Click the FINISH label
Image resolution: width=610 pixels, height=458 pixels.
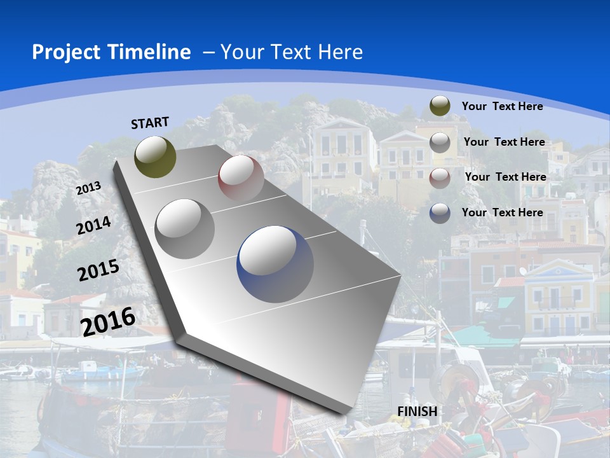[x=417, y=412]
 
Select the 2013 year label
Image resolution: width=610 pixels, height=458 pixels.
[x=88, y=188]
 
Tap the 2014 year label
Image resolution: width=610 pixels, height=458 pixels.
[x=94, y=225]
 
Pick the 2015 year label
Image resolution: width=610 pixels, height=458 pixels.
[x=98, y=270]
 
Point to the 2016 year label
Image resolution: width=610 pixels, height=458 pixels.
[x=108, y=321]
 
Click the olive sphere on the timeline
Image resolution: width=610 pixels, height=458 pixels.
[x=155, y=156]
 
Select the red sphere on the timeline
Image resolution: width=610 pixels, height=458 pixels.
[x=241, y=177]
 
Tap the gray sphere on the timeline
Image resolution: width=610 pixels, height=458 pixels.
[x=185, y=228]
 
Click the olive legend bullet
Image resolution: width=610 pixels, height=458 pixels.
[x=440, y=106]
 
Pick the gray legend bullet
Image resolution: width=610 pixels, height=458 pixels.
[x=440, y=142]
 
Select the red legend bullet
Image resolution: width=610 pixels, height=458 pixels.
[x=440, y=178]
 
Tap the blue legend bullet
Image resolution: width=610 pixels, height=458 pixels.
[x=440, y=213]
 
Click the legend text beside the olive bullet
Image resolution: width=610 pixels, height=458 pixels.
[x=502, y=106]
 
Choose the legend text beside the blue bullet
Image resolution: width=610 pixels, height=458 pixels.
[x=502, y=212]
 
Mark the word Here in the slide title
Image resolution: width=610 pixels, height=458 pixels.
[x=340, y=52]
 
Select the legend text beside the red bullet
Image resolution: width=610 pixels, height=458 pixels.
[x=505, y=177]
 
